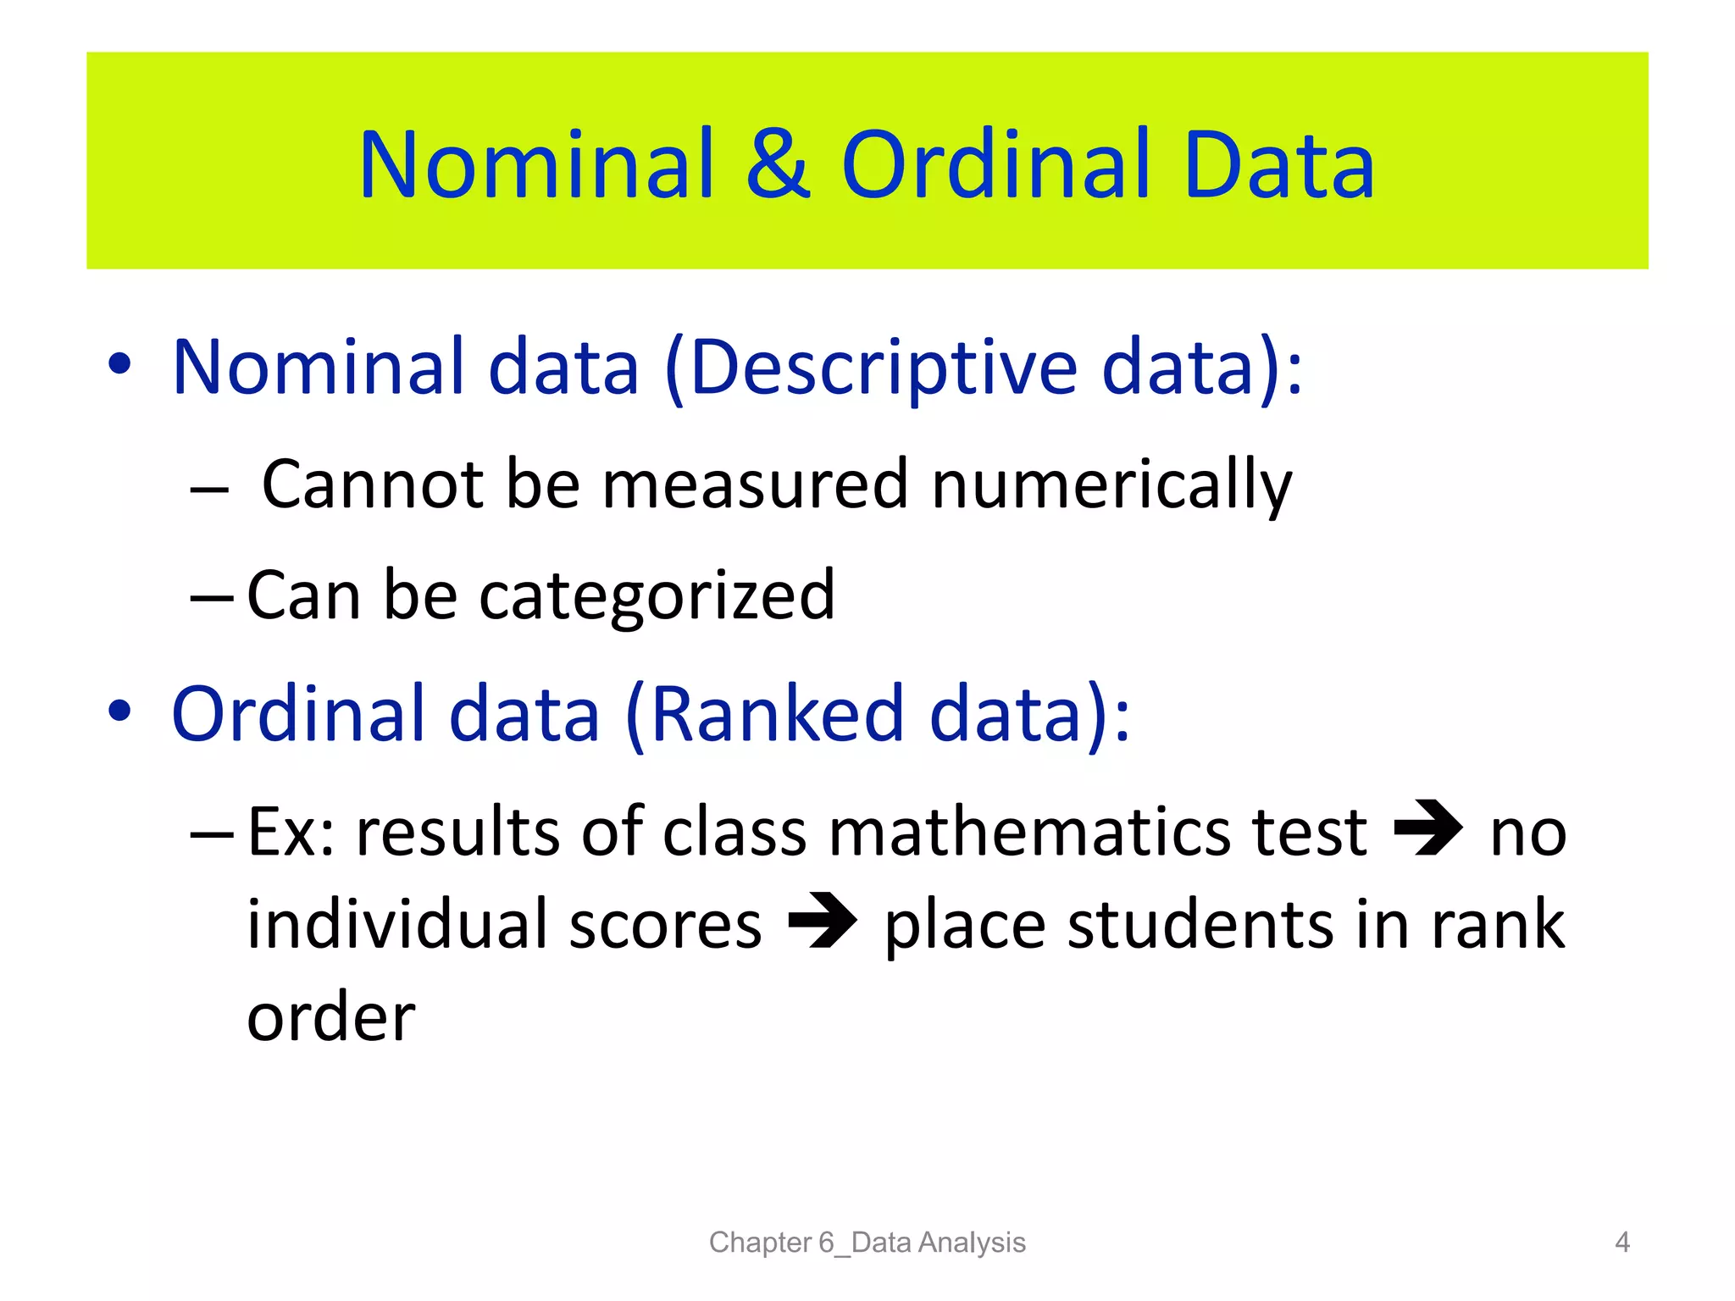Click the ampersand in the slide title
[778, 165]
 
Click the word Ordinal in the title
[996, 165]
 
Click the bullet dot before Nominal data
[119, 364]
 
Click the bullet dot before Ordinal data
[119, 711]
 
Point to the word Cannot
[373, 484]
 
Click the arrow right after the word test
[1428, 828]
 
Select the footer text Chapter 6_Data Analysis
[867, 1242]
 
